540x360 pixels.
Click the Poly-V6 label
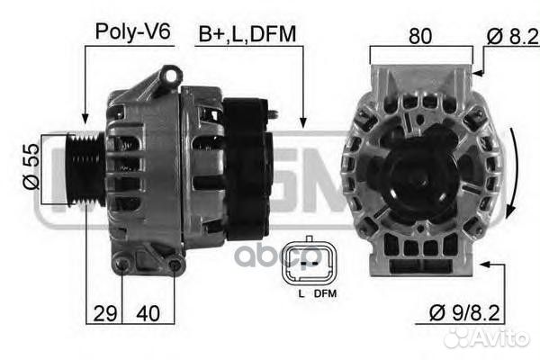[132, 31]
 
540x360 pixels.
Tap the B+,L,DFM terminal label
[247, 34]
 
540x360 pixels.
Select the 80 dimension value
[420, 35]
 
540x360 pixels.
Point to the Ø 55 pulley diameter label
[31, 166]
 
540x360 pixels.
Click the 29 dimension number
[105, 313]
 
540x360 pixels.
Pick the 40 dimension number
[148, 313]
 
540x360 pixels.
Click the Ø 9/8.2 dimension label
[464, 313]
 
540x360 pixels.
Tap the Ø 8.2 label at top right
[513, 36]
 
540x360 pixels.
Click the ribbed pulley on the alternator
[85, 168]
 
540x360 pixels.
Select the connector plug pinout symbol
[309, 263]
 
